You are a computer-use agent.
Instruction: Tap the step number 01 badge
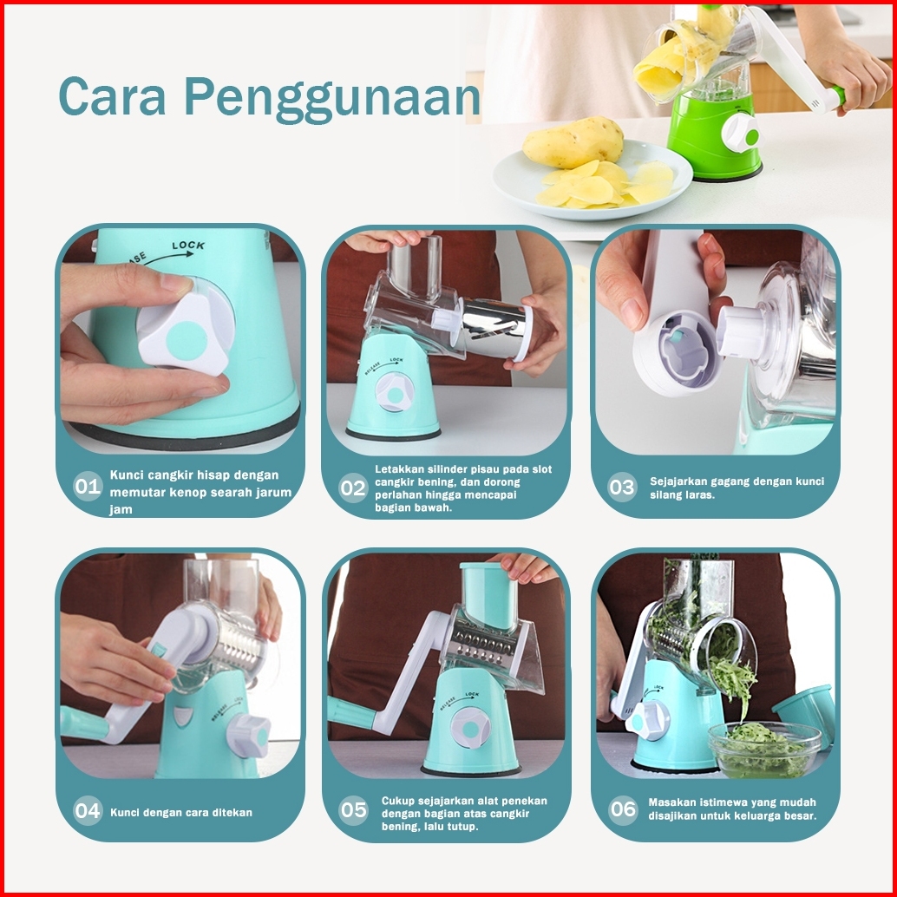click(x=88, y=487)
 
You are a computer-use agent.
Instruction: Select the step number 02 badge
click(x=353, y=488)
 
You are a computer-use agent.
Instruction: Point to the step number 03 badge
click(x=622, y=488)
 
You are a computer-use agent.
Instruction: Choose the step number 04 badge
click(x=88, y=810)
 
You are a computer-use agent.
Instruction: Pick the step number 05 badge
click(x=353, y=810)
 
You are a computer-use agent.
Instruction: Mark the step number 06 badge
click(x=622, y=809)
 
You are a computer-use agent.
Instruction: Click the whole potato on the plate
click(x=573, y=142)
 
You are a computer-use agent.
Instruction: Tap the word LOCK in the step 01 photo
click(x=188, y=246)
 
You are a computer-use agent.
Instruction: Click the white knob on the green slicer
click(x=742, y=133)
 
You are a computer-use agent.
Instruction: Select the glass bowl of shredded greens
click(x=763, y=749)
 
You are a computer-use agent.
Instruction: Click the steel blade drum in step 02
click(x=493, y=327)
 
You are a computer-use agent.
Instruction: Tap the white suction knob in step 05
click(x=470, y=728)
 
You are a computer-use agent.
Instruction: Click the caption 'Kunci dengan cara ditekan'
click(x=180, y=812)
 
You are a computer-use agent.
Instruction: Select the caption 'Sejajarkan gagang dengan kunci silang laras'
click(x=737, y=488)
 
